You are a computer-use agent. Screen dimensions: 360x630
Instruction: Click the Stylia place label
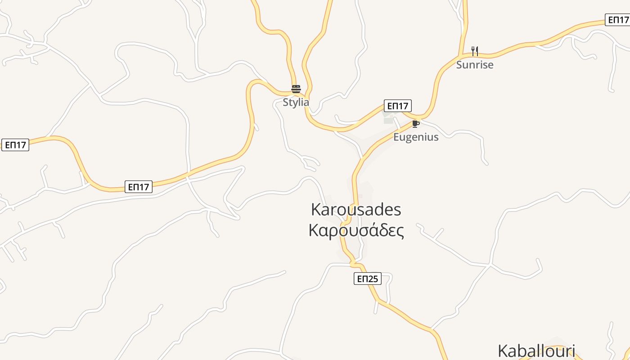point(296,102)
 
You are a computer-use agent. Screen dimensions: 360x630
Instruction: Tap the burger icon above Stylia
point(296,89)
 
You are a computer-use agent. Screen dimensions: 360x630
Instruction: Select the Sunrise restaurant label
point(475,65)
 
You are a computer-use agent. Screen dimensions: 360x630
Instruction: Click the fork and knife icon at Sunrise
point(475,51)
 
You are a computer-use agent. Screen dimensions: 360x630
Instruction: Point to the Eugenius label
point(416,137)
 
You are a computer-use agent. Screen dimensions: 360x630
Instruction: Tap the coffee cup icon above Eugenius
point(415,124)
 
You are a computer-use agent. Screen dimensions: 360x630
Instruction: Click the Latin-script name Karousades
point(356,209)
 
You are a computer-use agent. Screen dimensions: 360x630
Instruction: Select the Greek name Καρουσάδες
point(356,230)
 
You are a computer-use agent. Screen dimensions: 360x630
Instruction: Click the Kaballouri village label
point(536,351)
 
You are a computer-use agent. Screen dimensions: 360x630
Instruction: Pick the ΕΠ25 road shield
point(367,279)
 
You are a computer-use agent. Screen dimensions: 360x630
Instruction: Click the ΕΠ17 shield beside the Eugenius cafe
point(397,106)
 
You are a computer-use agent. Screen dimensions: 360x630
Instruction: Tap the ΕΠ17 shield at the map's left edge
point(15,145)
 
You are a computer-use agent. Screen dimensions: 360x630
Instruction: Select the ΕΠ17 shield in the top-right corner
point(617,20)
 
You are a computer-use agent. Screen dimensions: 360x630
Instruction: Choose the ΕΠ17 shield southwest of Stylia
point(139,187)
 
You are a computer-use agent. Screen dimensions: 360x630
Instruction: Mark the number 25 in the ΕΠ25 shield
point(373,279)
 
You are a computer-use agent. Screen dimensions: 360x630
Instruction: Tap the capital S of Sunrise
point(459,65)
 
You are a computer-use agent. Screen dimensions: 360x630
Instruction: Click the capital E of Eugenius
point(396,137)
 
